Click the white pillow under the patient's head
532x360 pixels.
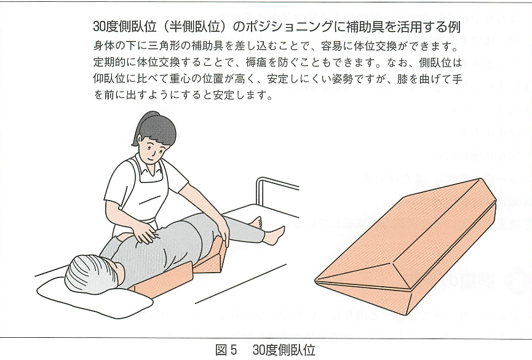pyautogui.click(x=92, y=300)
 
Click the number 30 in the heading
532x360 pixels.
pyautogui.click(x=100, y=26)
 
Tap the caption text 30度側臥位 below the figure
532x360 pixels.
pyautogui.click(x=284, y=350)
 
